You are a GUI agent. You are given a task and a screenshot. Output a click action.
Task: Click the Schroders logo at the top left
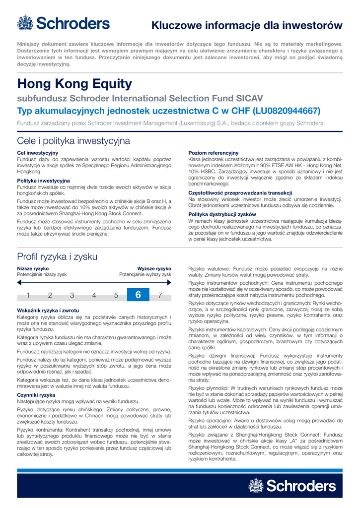point(64,23)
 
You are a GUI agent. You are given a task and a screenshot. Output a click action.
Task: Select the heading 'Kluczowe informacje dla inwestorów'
point(247,25)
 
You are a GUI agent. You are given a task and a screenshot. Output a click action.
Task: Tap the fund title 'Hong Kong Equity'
point(74,83)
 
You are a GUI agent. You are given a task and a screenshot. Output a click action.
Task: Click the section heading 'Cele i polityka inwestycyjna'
point(73,141)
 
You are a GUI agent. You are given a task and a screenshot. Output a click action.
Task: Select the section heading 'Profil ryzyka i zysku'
point(57,256)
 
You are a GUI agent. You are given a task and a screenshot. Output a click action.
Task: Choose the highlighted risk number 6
point(138,295)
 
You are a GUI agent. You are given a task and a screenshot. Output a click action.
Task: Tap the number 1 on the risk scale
point(28,296)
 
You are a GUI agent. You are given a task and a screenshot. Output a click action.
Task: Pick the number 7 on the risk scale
point(160,296)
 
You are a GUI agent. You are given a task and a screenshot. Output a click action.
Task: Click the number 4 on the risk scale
point(94,296)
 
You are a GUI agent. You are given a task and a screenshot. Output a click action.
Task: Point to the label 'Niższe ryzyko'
point(29,268)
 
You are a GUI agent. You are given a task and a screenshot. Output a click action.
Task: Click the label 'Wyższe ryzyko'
point(154,268)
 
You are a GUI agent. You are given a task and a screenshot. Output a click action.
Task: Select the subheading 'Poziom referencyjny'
point(214,153)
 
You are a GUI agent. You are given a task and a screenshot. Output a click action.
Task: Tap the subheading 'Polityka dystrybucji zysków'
point(222,214)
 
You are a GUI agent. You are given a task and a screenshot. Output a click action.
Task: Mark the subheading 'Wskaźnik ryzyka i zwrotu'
point(48,310)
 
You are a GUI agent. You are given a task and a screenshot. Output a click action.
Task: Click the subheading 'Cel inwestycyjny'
point(38,153)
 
